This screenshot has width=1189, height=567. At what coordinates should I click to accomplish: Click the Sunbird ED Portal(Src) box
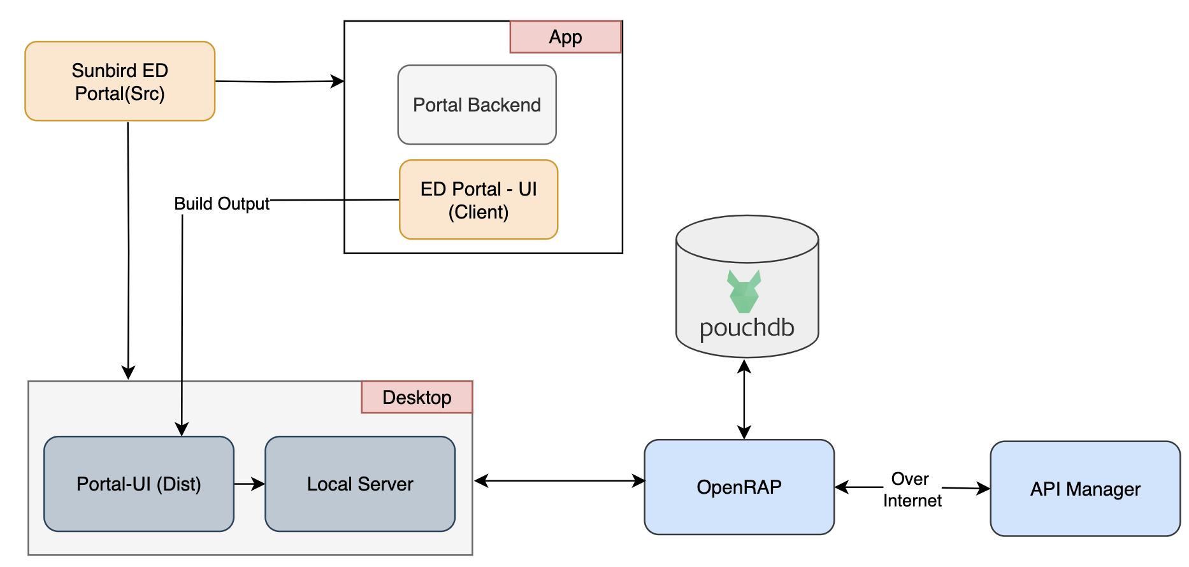(x=120, y=82)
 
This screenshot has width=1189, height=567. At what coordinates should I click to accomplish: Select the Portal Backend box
(x=477, y=105)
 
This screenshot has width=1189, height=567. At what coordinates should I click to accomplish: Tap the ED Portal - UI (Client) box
(x=479, y=200)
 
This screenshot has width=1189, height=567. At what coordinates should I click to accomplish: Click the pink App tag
(x=565, y=37)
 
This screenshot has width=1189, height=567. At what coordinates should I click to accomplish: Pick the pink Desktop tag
(x=417, y=398)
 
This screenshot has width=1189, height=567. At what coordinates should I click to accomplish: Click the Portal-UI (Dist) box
(x=139, y=484)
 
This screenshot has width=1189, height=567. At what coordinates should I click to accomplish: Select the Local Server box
(x=360, y=484)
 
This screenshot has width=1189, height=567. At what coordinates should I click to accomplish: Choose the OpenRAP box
(x=739, y=487)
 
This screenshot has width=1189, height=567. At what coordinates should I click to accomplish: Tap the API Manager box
(x=1085, y=489)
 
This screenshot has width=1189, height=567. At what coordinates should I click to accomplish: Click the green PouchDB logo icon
(x=744, y=291)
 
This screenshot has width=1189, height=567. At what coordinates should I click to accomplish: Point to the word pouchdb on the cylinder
(x=747, y=328)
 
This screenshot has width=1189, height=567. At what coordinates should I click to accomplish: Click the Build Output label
(x=222, y=204)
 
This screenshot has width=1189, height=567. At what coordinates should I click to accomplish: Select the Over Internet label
(x=912, y=490)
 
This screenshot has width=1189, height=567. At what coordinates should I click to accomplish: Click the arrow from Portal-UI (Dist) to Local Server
(x=249, y=484)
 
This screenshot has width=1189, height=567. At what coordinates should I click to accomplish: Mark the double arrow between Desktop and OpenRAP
(x=559, y=481)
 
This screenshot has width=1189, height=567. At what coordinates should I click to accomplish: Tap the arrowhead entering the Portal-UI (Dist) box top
(x=182, y=429)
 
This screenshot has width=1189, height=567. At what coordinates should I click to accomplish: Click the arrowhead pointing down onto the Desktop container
(x=129, y=373)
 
